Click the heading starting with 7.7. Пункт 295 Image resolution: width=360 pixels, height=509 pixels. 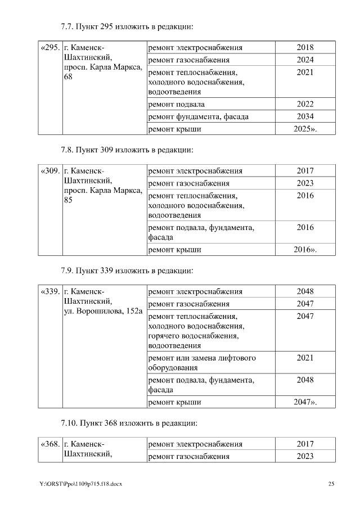coord(127,26)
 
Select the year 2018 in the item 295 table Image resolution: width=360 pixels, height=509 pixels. coord(305,48)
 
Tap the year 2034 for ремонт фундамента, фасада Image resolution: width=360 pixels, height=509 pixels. coord(305,117)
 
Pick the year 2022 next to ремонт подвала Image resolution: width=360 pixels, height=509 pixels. coord(305,105)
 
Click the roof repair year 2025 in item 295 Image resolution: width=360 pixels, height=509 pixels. coord(305,129)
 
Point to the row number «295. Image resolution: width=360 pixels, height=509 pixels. coord(50,48)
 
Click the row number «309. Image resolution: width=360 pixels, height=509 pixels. coord(50,171)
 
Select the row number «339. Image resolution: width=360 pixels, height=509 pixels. coord(50,292)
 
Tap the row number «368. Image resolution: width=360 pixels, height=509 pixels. coord(50,444)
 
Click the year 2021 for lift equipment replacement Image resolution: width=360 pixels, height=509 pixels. coord(305,358)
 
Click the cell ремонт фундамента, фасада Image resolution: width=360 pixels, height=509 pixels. coord(198,117)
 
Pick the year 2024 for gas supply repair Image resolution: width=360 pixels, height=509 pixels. coord(305,60)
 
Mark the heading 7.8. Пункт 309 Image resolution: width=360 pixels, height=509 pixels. coord(127,150)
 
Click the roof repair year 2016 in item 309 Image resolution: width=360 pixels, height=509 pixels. coord(305,250)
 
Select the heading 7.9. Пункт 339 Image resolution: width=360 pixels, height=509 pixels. coord(127,271)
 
